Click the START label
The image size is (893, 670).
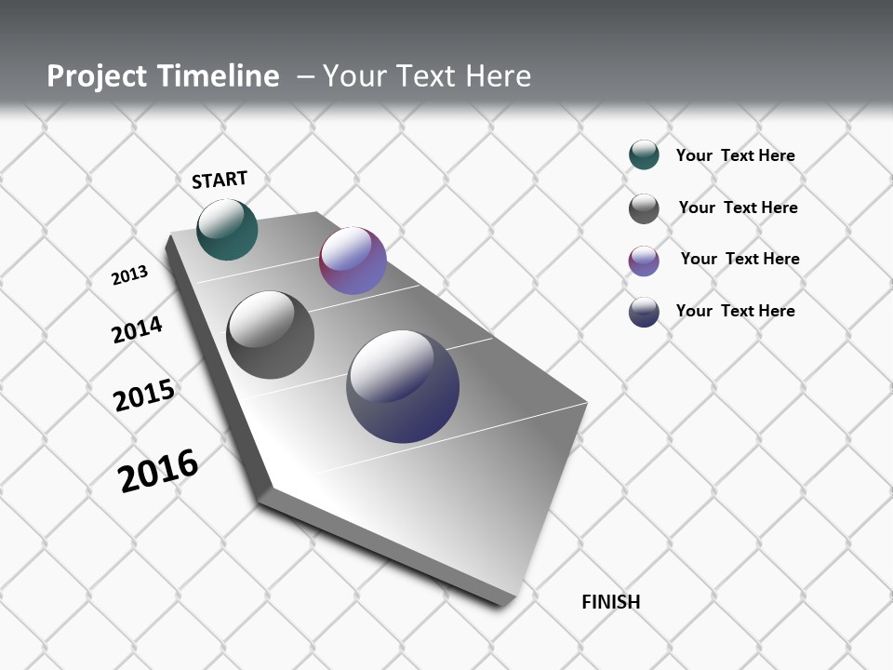pos(220,180)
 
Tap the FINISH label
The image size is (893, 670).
pos(610,602)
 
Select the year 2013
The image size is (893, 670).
pos(129,275)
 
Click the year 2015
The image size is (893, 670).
pos(144,395)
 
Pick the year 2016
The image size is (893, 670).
pos(158,470)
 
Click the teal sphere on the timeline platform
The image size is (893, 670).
pos(227,229)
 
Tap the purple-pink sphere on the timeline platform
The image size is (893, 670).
pos(353,261)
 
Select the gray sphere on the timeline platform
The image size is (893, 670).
pos(270,335)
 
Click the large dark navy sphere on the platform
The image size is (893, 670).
pos(403,386)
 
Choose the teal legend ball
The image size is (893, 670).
pos(644,154)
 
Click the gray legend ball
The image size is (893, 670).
pos(644,208)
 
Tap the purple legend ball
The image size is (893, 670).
pos(644,261)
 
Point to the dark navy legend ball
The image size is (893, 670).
pos(644,312)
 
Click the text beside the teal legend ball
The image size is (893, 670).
pos(735,155)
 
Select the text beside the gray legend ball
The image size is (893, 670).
pos(738,208)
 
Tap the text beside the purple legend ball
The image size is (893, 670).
pos(740,259)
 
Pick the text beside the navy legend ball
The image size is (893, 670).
pos(735,311)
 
